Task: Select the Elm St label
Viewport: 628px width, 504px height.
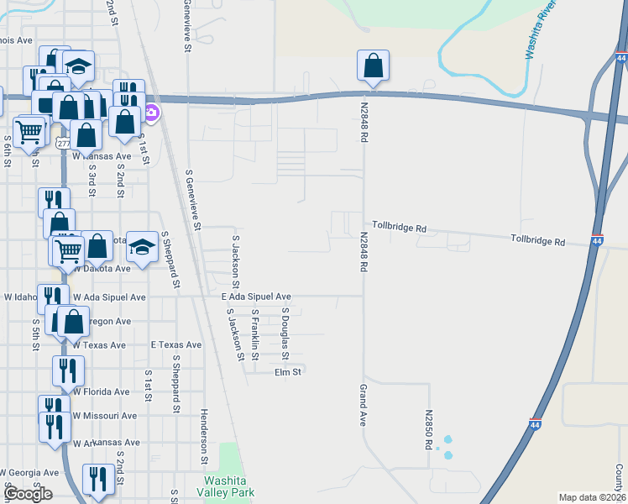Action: point(287,371)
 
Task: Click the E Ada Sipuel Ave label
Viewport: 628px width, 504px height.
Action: point(256,297)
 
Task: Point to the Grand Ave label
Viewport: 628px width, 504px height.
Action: point(364,406)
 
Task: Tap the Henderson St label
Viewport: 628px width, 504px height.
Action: point(204,437)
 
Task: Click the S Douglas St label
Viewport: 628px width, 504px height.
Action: point(285,328)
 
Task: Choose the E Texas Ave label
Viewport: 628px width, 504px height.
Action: point(176,345)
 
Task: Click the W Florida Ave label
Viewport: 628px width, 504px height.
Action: point(101,391)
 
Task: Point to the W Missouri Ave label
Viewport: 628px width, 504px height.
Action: point(104,416)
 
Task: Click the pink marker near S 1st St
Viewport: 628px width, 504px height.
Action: point(152,111)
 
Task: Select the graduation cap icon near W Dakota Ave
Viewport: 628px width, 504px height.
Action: point(143,246)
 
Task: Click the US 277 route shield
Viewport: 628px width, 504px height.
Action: point(64,144)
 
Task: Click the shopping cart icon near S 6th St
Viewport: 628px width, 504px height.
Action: point(29,131)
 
